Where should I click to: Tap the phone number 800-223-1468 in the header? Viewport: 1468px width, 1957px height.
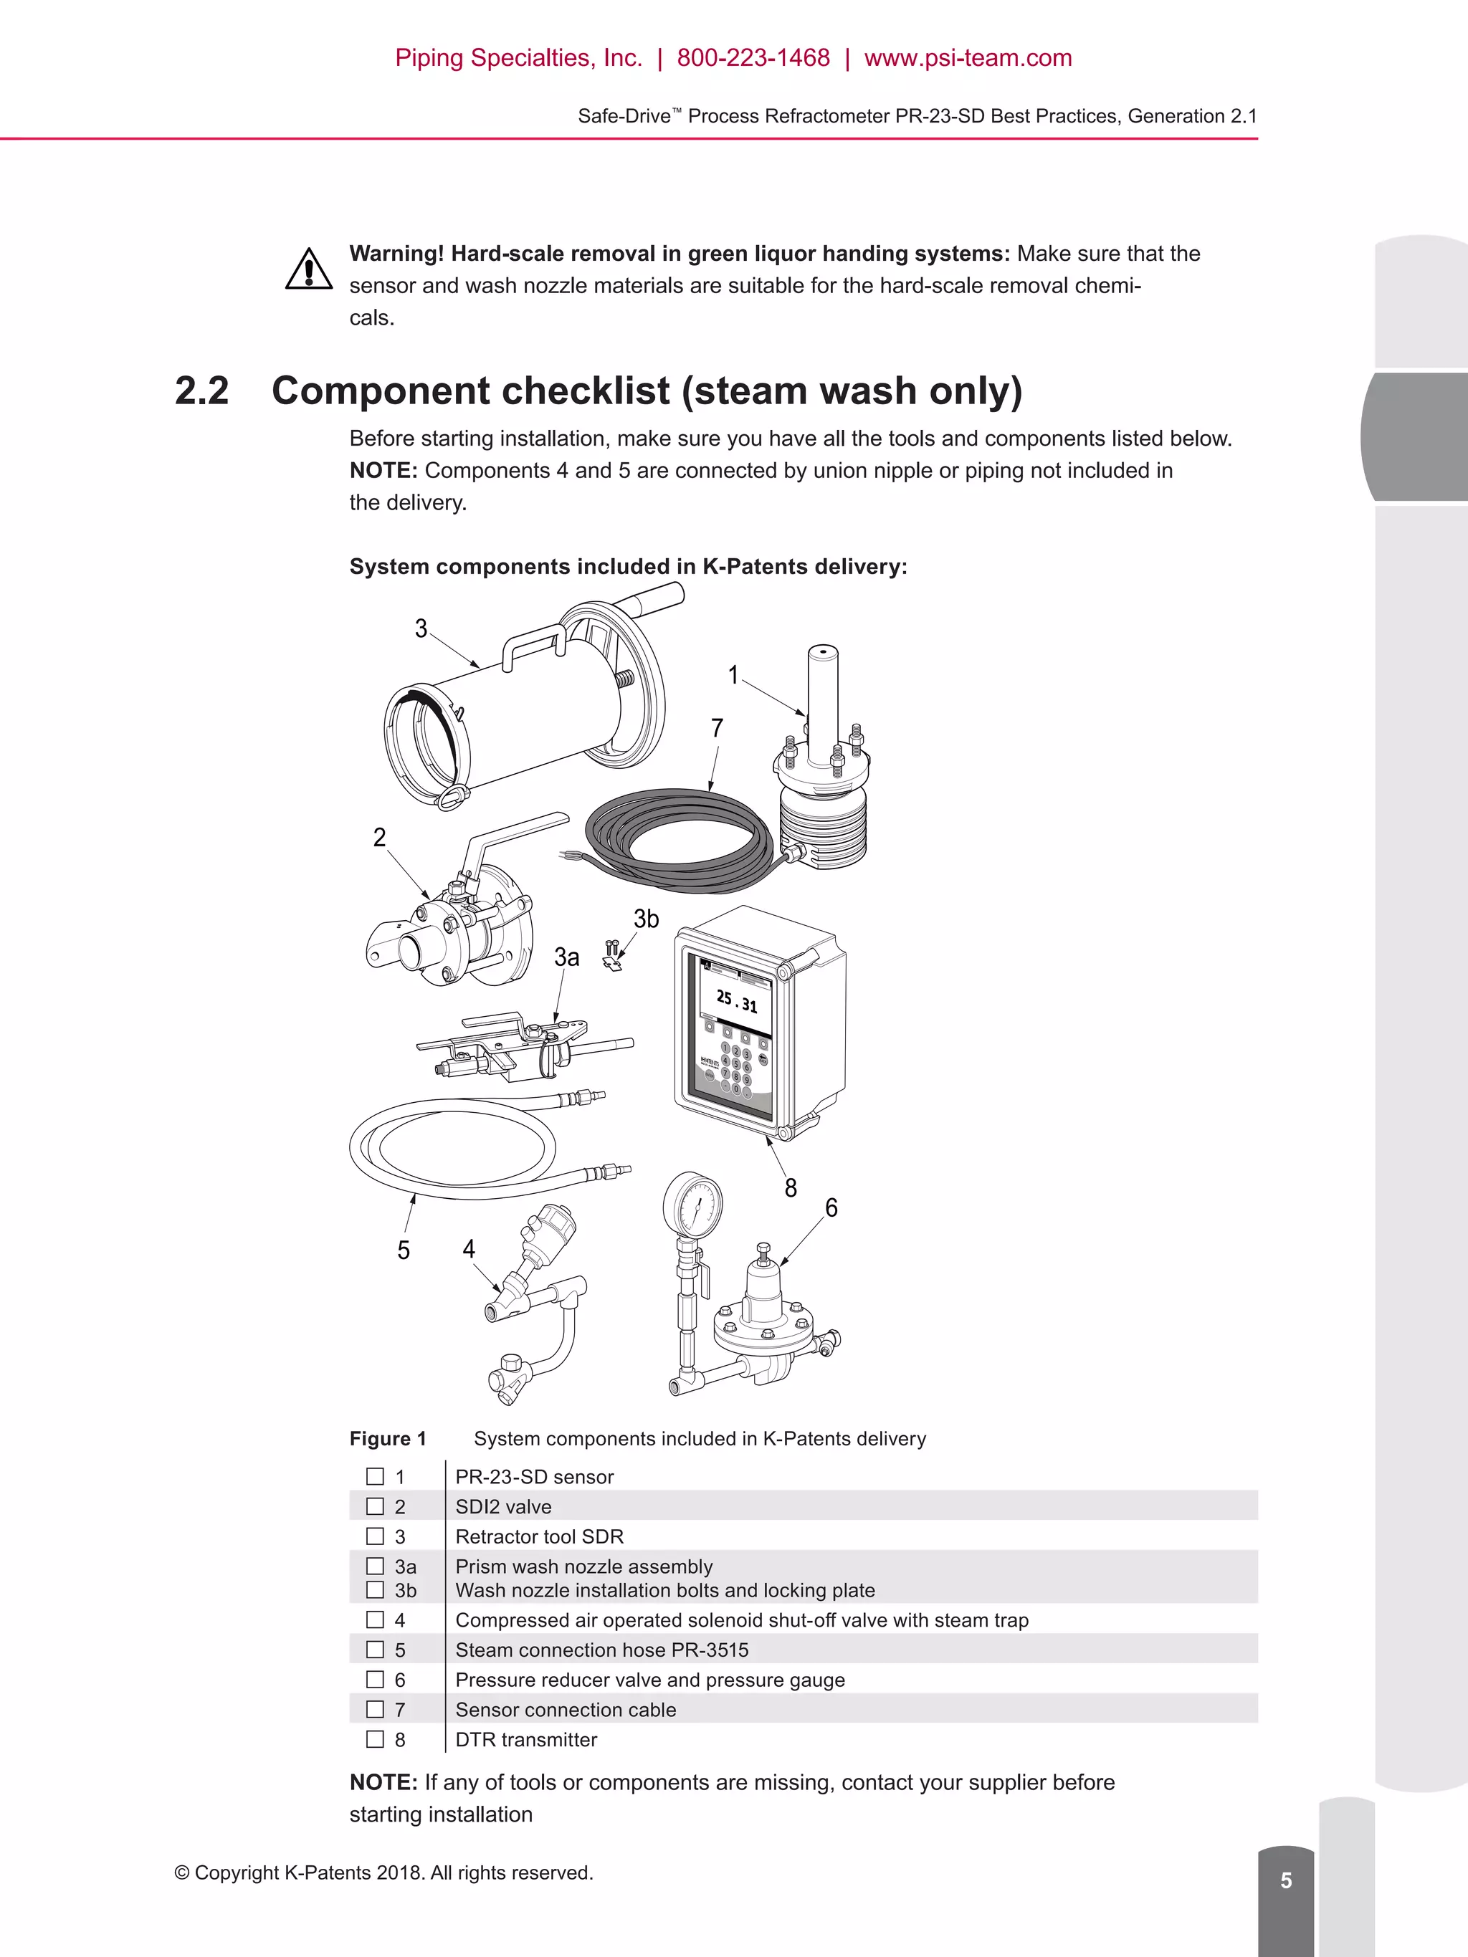coord(753,58)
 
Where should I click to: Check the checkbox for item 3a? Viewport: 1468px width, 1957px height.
coord(375,1566)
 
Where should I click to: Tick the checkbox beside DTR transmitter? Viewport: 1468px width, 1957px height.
coord(375,1739)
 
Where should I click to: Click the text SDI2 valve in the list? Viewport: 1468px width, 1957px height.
coord(502,1507)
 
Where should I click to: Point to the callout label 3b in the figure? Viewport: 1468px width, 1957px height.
coord(646,919)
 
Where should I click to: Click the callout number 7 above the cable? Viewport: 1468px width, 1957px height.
coord(717,728)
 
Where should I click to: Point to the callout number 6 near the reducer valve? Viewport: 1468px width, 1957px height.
coord(831,1207)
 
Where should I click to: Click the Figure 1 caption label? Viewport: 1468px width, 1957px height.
coord(388,1439)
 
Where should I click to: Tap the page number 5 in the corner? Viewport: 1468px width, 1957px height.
coord(1286,1880)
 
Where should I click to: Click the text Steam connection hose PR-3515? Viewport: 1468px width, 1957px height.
coord(601,1650)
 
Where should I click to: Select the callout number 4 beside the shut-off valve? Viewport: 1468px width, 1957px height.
coord(468,1248)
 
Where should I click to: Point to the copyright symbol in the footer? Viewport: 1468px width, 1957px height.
coord(181,1873)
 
